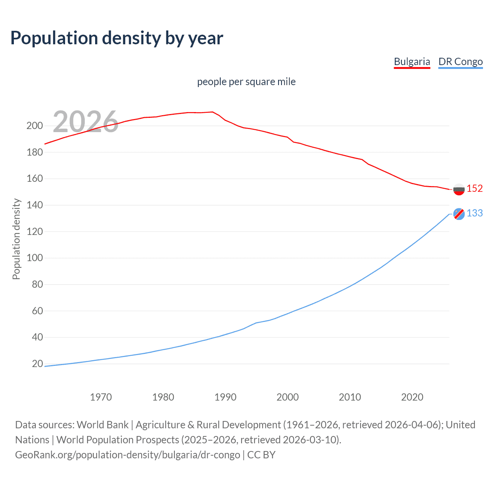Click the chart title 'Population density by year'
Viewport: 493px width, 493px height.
point(117,38)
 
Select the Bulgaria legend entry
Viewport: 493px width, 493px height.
point(412,62)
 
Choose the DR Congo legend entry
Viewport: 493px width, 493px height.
point(460,62)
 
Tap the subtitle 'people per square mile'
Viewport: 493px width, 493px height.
point(246,82)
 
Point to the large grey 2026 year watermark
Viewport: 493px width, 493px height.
point(86,122)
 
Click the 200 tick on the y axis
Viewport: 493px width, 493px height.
point(35,126)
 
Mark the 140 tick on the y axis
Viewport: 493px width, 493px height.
point(35,205)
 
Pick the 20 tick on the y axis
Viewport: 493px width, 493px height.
point(37,364)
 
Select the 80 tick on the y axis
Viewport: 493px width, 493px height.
point(37,284)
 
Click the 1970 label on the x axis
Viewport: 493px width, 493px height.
point(101,397)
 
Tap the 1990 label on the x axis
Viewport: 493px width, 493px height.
point(225,397)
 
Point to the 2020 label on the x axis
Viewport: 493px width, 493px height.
point(412,397)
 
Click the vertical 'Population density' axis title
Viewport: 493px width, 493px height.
point(16,239)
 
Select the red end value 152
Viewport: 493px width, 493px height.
point(475,188)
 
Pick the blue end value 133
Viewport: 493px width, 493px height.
point(475,213)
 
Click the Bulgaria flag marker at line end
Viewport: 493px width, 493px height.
point(459,189)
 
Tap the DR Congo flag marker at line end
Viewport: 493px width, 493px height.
point(459,214)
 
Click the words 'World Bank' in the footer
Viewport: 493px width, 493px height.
point(102,425)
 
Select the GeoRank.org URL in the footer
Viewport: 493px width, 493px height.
point(127,455)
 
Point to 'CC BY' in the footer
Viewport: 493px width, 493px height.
point(261,455)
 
